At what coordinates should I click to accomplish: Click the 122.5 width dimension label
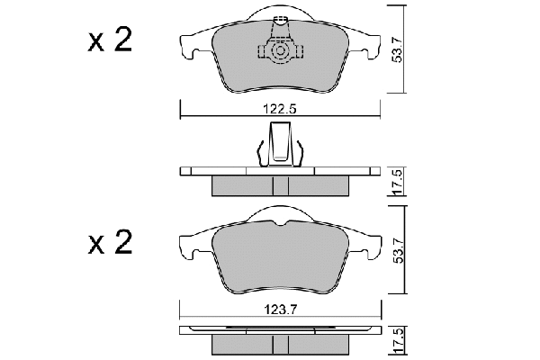[280, 109]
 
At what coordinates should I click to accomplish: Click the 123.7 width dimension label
[280, 310]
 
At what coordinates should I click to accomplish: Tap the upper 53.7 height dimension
[398, 49]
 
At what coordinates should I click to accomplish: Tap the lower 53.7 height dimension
[399, 250]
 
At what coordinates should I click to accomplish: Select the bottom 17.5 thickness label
[398, 341]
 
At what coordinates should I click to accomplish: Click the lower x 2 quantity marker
[110, 242]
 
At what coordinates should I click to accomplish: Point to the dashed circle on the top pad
[281, 51]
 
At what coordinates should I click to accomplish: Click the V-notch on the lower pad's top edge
[282, 224]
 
